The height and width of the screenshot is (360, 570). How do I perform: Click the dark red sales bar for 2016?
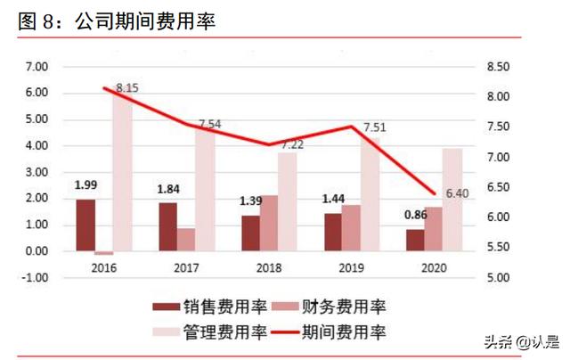[85, 225]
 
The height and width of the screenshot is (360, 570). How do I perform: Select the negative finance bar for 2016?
[104, 253]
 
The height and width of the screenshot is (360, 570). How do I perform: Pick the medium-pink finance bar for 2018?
[269, 223]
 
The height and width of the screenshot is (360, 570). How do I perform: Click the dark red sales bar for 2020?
[414, 240]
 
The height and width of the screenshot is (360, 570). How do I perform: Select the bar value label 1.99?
[85, 185]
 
